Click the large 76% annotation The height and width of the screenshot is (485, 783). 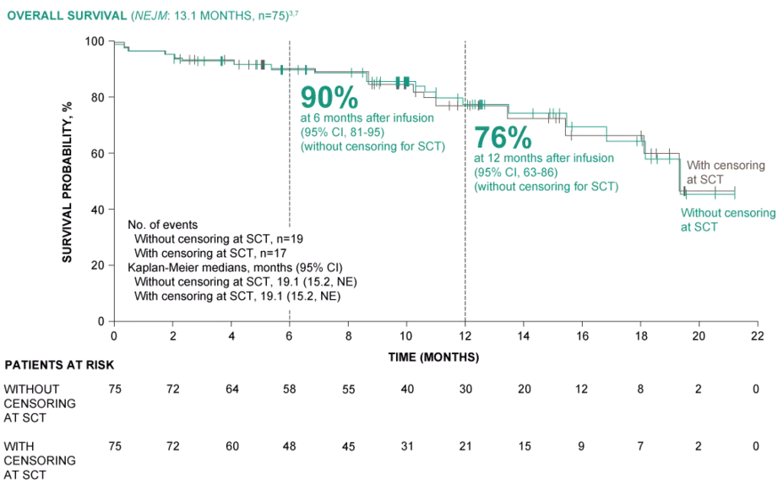[x=503, y=137]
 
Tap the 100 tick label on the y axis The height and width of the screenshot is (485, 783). [x=95, y=41]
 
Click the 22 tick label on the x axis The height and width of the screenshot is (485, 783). [x=757, y=335]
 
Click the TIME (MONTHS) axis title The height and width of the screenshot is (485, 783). [x=434, y=357]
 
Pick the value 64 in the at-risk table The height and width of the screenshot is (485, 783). [x=231, y=389]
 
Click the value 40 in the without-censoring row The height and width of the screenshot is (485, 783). [x=406, y=389]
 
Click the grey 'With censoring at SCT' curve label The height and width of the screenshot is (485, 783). [x=725, y=172]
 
